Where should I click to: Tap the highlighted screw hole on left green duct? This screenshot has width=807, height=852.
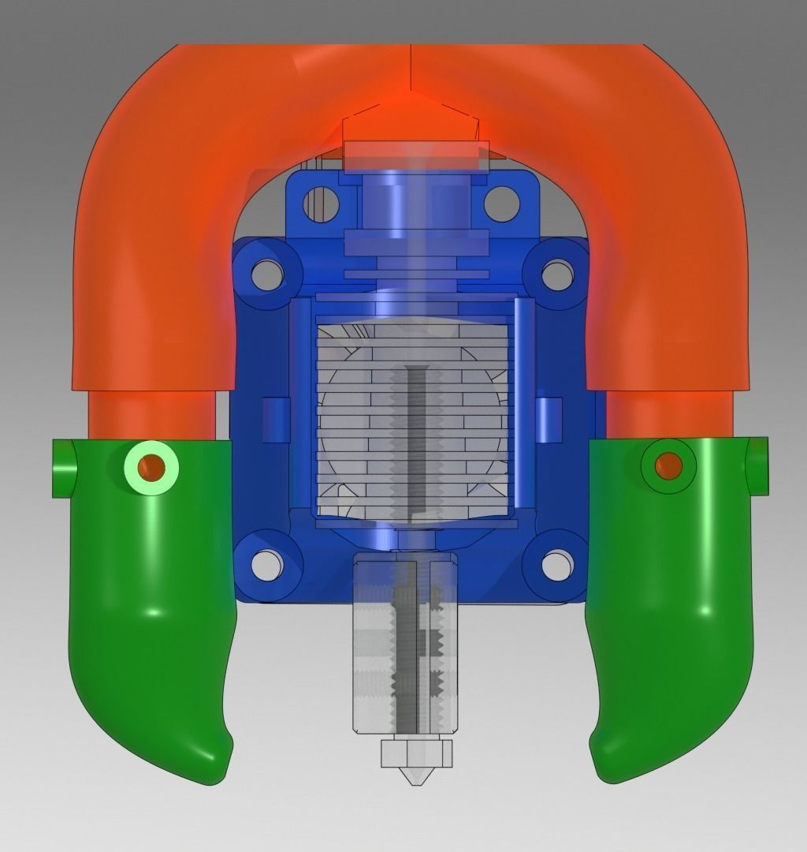click(151, 468)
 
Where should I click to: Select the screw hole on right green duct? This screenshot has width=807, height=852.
click(668, 466)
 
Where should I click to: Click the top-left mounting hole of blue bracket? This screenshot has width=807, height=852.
click(321, 202)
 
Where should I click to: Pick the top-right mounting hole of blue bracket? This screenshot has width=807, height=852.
click(501, 203)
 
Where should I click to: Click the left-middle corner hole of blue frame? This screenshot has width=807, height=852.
click(268, 273)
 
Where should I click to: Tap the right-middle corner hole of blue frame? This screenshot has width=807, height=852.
click(556, 273)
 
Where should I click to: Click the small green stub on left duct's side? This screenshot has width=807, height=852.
click(62, 469)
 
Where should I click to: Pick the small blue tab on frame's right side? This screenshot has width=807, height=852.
click(549, 420)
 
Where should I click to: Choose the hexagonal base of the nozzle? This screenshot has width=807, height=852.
click(417, 753)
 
